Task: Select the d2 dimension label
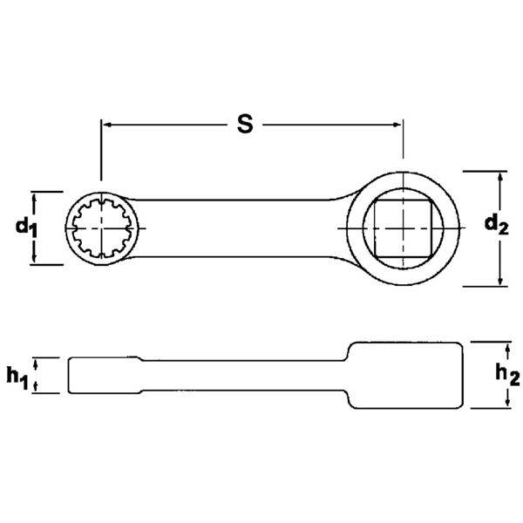point(496,225)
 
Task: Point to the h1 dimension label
point(18,376)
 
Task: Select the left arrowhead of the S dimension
point(107,125)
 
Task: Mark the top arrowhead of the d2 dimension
point(500,176)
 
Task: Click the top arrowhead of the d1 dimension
point(36,197)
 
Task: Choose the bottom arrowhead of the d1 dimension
point(36,259)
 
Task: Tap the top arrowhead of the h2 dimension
point(508,346)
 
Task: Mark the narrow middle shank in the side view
point(244,374)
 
